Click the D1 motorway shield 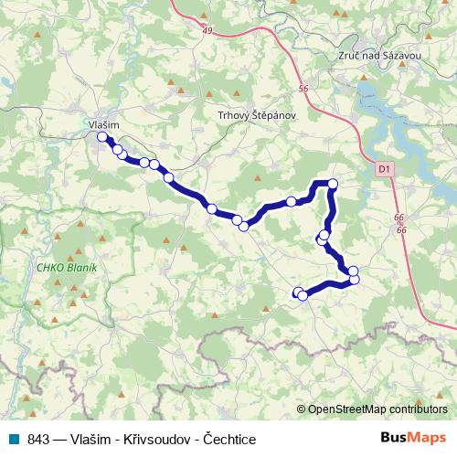point(383,168)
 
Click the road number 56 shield point(303,89)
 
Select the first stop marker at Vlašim point(102,137)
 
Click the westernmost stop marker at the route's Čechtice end point(297,292)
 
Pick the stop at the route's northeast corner point(333,184)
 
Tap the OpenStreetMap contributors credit point(376,409)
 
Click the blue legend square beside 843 point(14,439)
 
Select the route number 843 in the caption point(38,439)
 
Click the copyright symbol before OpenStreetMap point(302,409)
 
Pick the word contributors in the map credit point(419,409)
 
